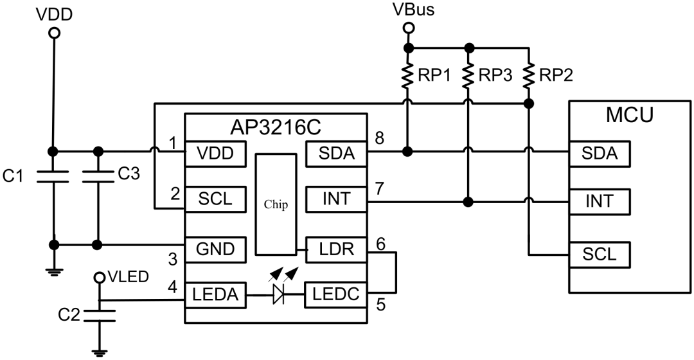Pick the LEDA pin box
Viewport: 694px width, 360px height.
[216, 295]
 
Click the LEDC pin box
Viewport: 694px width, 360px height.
[335, 295]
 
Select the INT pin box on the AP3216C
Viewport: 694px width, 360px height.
[335, 199]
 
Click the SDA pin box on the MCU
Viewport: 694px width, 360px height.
[599, 153]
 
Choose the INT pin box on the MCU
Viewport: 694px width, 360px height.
[599, 202]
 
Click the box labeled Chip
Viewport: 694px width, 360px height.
[276, 205]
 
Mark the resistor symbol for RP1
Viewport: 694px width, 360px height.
[407, 76]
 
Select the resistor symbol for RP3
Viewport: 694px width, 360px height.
[469, 76]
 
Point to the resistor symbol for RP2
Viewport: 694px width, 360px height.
[529, 76]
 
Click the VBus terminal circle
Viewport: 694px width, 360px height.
[407, 28]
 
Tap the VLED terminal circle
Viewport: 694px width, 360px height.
[100, 278]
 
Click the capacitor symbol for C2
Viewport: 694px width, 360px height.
[100, 315]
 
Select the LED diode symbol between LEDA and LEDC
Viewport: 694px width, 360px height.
[279, 295]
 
